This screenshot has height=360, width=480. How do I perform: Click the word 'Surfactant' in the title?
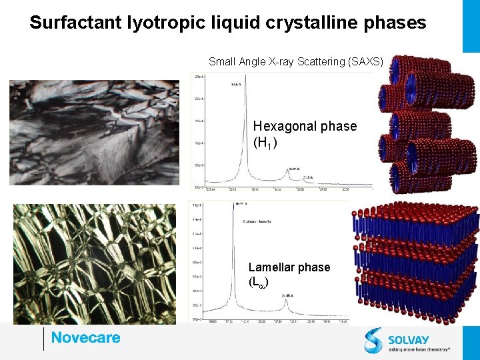click(75, 23)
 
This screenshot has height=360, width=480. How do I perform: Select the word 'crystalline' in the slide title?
click(299, 23)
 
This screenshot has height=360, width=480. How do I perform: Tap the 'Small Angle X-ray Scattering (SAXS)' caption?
click(295, 62)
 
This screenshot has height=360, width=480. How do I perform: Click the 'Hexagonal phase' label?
click(305, 126)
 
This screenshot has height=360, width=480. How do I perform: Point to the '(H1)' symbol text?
click(265, 143)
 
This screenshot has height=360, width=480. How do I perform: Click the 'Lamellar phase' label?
click(289, 267)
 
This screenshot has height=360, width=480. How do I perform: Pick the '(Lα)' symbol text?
click(259, 283)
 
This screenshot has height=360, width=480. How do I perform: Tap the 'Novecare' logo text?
click(85, 337)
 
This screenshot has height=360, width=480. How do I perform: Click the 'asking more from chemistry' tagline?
click(420, 348)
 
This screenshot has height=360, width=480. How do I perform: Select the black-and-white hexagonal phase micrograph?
click(94, 132)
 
